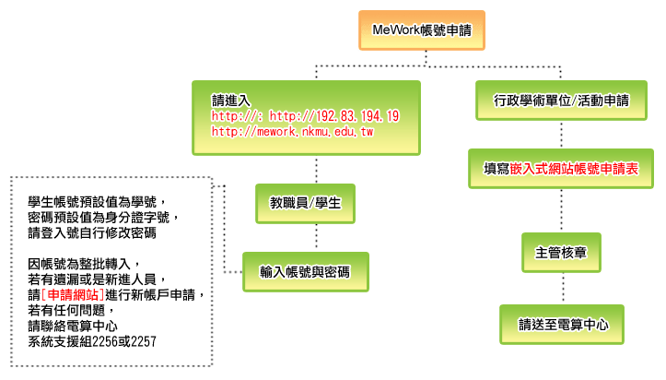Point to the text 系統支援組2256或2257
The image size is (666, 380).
point(92,341)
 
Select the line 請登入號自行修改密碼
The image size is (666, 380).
point(92,232)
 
